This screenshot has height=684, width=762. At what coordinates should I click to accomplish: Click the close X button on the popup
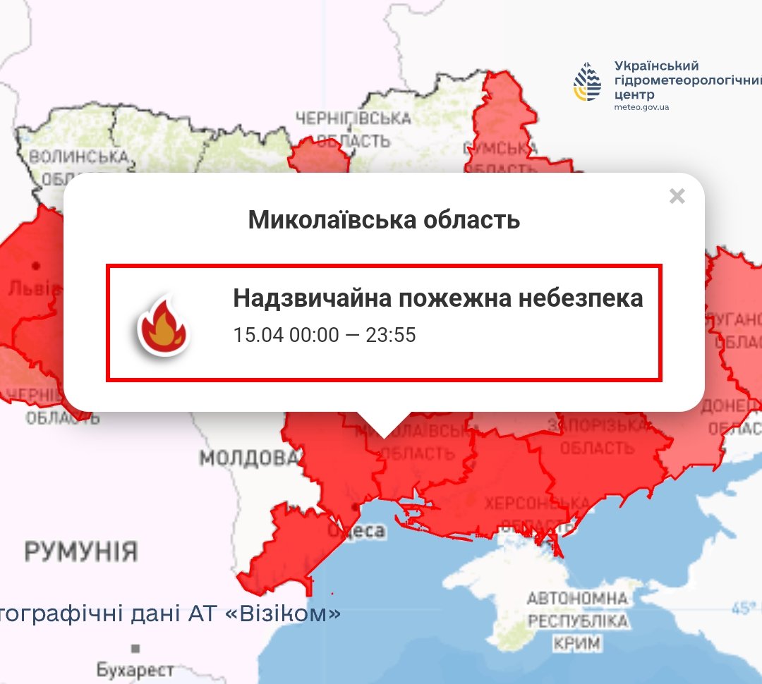pyautogui.click(x=677, y=196)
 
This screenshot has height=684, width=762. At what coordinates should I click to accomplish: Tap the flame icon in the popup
pyautogui.click(x=163, y=325)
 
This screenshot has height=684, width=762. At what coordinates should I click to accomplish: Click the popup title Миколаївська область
pyautogui.click(x=384, y=220)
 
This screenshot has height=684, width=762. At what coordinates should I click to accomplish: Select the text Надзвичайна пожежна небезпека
pyautogui.click(x=437, y=298)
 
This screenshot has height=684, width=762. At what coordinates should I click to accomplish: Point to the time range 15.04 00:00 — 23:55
pyautogui.click(x=325, y=334)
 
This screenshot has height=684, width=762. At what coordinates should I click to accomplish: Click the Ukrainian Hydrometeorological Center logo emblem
pyautogui.click(x=588, y=83)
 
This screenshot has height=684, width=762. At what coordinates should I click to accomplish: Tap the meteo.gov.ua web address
pyautogui.click(x=641, y=107)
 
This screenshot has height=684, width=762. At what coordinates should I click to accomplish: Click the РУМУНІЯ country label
pyautogui.click(x=81, y=551)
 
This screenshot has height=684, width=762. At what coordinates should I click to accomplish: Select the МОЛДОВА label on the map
pyautogui.click(x=249, y=458)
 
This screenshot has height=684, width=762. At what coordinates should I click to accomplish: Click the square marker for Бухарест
pyautogui.click(x=135, y=648)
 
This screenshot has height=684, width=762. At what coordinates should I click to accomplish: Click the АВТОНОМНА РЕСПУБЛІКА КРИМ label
pyautogui.click(x=577, y=621)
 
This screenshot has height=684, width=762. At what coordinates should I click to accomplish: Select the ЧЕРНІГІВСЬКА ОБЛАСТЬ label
pyautogui.click(x=353, y=129)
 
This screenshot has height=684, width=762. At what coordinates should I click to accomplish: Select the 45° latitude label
pyautogui.click(x=746, y=606)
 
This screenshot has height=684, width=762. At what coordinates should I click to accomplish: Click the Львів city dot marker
pyautogui.click(x=35, y=266)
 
